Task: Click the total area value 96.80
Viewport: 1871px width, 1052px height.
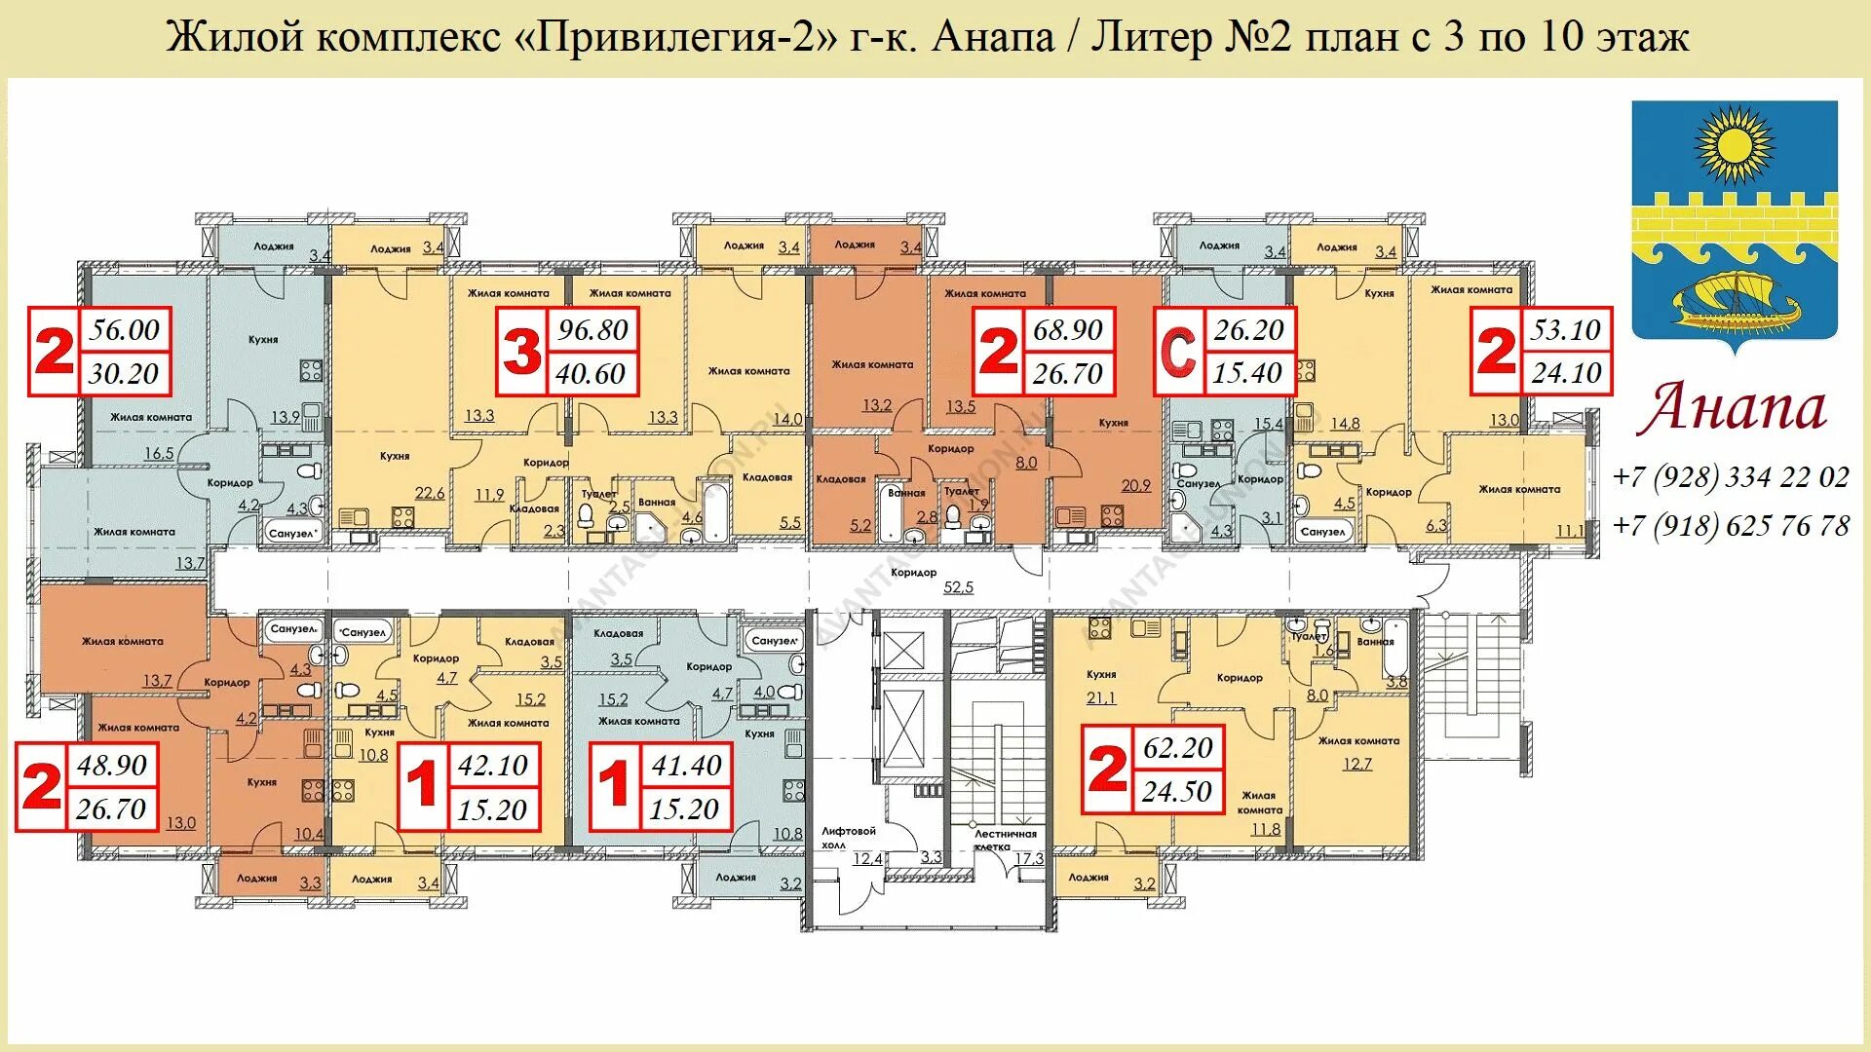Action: (x=592, y=330)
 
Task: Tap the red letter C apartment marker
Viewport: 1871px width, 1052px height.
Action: (x=1178, y=352)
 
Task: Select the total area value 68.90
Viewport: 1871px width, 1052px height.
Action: (x=1068, y=330)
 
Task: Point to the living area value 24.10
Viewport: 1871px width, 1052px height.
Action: (x=1566, y=373)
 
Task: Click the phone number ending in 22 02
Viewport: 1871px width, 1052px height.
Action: (x=1731, y=477)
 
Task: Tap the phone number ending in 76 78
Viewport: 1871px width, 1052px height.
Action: (x=1731, y=526)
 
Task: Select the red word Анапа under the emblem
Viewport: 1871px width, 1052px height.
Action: (x=1731, y=407)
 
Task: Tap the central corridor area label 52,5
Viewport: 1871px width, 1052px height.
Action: (x=959, y=587)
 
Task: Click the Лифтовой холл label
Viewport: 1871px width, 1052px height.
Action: (x=848, y=838)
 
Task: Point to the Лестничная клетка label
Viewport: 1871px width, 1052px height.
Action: (x=1006, y=840)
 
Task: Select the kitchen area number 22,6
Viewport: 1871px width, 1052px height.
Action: (x=430, y=494)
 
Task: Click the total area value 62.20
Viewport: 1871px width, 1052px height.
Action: (x=1178, y=748)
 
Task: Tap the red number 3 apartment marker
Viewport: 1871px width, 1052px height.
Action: (x=521, y=352)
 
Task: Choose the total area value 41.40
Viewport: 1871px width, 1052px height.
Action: (x=686, y=766)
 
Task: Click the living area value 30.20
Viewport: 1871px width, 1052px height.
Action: (x=124, y=373)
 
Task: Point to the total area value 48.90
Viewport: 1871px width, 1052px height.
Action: (x=112, y=765)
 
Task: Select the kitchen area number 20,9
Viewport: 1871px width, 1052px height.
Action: (x=1136, y=485)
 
